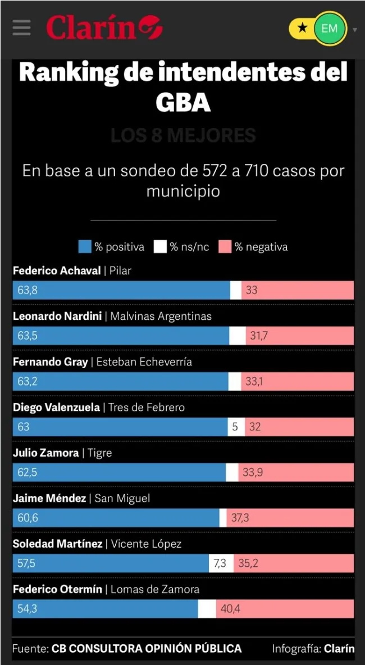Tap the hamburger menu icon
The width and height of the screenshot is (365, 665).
click(21, 27)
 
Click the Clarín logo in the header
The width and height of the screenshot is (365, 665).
click(104, 27)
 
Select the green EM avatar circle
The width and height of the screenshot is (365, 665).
click(329, 27)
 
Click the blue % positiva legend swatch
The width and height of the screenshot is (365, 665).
click(85, 247)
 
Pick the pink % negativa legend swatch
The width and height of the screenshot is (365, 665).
click(225, 247)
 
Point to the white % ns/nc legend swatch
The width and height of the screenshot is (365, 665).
click(160, 247)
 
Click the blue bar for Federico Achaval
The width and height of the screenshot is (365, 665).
click(121, 290)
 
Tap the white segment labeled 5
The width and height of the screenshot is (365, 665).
click(235, 426)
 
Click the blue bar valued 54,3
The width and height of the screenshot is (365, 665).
click(105, 608)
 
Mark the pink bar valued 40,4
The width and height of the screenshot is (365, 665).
click(285, 608)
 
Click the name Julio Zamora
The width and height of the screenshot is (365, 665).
click(46, 453)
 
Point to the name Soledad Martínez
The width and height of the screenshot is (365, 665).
click(58, 544)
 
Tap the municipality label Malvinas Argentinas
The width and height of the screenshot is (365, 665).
click(161, 317)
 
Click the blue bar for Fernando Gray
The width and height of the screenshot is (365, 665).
click(120, 381)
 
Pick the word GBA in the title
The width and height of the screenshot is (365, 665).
click(182, 102)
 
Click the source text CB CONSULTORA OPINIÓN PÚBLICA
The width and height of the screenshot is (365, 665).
click(147, 649)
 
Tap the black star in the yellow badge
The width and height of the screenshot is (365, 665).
click(302, 28)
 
